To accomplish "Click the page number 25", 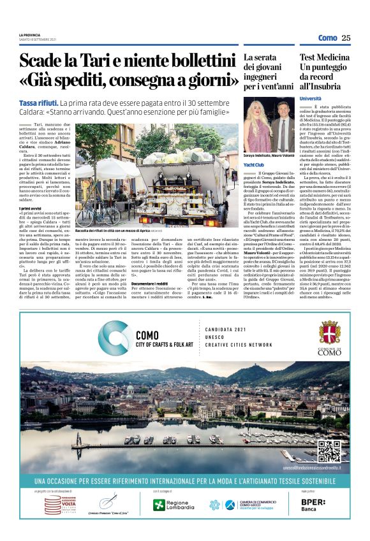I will pyautogui.click(x=346, y=38).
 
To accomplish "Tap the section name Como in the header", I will pyautogui.click(x=328, y=38).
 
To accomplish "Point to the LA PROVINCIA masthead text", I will pyautogui.click(x=30, y=34).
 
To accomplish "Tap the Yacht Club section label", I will pyautogui.click(x=253, y=164).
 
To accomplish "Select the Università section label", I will pyautogui.click(x=311, y=99).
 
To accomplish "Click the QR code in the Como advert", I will pyautogui.click(x=329, y=451).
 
